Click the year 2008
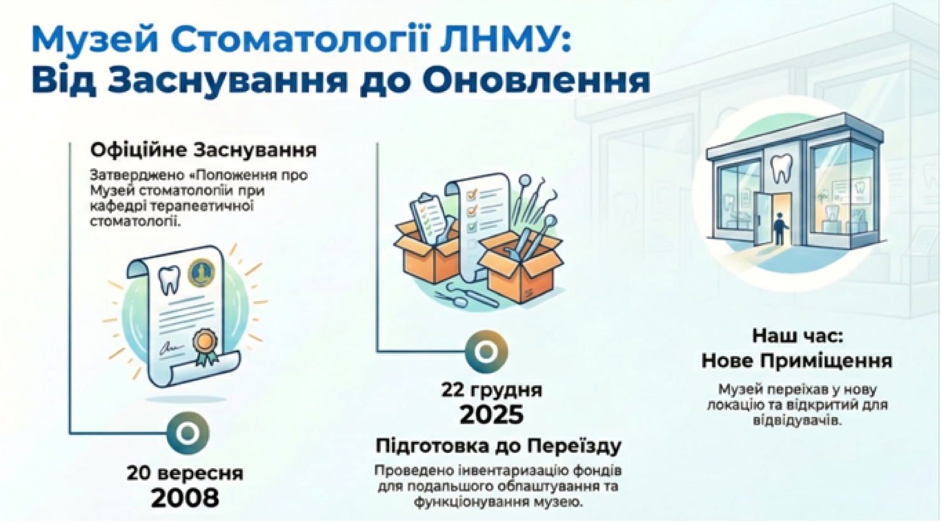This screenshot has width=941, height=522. (x=185, y=498)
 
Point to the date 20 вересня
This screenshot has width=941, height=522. (x=185, y=474)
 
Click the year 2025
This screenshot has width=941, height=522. (x=491, y=415)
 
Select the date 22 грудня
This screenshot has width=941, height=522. (x=491, y=390)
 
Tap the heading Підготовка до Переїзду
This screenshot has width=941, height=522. (x=498, y=445)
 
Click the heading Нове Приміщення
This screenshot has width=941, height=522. (x=796, y=361)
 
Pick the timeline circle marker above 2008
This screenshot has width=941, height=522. (x=187, y=433)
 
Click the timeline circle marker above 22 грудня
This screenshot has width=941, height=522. (x=487, y=351)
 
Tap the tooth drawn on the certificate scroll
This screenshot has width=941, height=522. (x=169, y=279)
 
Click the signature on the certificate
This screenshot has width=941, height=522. (x=168, y=349)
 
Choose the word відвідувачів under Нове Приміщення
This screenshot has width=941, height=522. (x=796, y=421)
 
